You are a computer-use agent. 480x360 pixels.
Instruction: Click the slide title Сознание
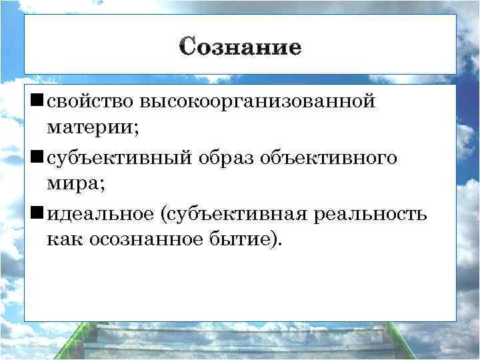coord(240,47)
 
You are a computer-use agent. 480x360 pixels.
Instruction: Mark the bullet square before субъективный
coord(37,157)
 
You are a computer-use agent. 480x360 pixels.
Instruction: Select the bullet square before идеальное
coord(37,212)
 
